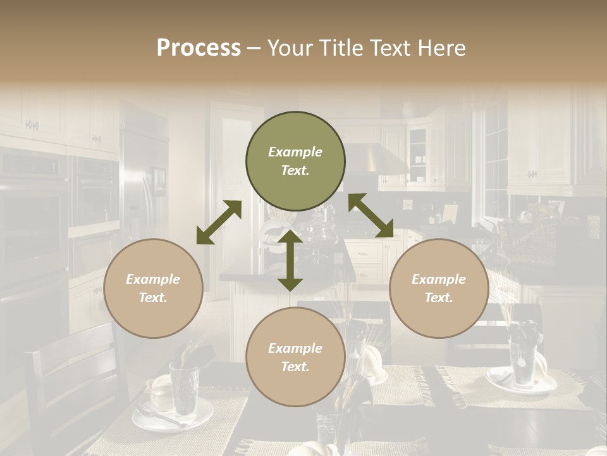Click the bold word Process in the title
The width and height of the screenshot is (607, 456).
(x=199, y=48)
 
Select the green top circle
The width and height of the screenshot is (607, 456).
(x=295, y=161)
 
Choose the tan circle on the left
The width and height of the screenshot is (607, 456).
(x=153, y=288)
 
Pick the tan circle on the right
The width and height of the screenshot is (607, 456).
(x=439, y=288)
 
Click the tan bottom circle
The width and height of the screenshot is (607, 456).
(x=295, y=357)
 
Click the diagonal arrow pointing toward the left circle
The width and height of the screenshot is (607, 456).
(x=219, y=222)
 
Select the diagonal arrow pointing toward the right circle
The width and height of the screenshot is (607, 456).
(x=371, y=215)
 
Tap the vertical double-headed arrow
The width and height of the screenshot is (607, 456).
(x=290, y=260)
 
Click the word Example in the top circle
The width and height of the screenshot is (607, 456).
(x=295, y=152)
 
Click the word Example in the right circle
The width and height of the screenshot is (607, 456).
(x=439, y=279)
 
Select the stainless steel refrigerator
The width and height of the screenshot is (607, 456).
(x=144, y=184)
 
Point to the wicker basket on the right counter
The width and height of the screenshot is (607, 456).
(x=528, y=241)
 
